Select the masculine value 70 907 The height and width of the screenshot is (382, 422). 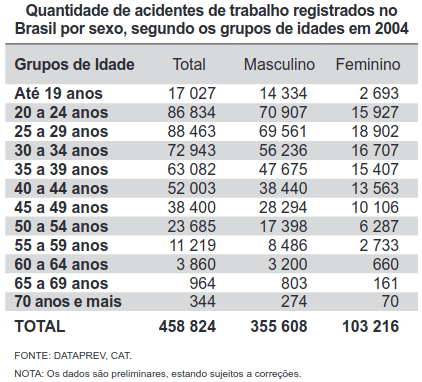pyautogui.click(x=286, y=112)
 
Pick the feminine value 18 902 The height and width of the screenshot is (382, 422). pyautogui.click(x=377, y=131)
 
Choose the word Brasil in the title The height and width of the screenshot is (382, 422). pyautogui.click(x=37, y=29)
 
